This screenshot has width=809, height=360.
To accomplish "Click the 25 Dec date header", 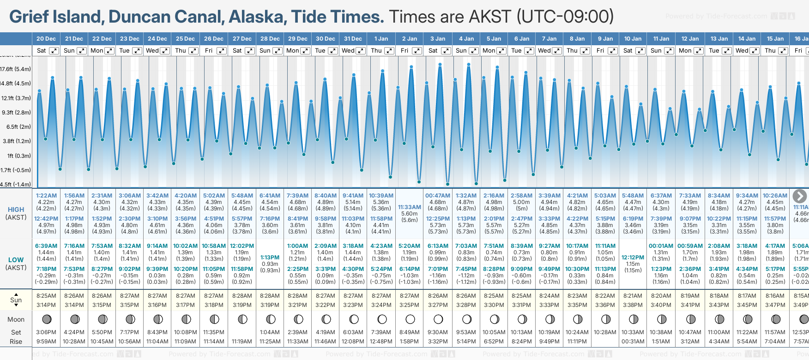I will click(x=185, y=39).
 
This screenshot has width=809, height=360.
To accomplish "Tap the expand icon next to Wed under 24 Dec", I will click(x=165, y=51).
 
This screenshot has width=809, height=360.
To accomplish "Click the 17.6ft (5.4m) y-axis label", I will click(x=16, y=69).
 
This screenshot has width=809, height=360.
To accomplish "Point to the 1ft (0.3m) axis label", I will click(x=16, y=156).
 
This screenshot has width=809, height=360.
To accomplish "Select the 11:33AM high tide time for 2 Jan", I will click(x=410, y=207).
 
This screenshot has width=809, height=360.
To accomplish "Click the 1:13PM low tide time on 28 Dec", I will click(x=270, y=258).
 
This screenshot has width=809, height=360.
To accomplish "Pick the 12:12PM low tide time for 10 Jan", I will click(x=633, y=258).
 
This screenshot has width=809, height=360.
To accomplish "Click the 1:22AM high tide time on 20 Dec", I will click(x=46, y=196).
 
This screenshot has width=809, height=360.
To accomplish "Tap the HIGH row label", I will click(x=16, y=210).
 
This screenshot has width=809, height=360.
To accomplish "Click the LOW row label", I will click(x=16, y=260).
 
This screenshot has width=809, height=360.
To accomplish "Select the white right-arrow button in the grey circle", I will click(x=799, y=196).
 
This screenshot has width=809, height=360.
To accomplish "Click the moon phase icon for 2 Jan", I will click(x=410, y=319).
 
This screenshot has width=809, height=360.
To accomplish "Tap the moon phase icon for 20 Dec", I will click(x=46, y=319).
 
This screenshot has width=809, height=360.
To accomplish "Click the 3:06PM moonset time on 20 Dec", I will click(x=46, y=332).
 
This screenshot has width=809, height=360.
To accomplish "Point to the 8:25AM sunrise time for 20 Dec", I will click(x=46, y=296).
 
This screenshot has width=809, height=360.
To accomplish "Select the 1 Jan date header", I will click(x=381, y=39).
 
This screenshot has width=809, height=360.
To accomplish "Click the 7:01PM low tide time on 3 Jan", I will click(x=438, y=269).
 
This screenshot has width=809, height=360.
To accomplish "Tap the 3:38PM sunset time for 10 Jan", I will click(x=633, y=305).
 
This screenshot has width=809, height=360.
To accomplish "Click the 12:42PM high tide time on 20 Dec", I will click(x=46, y=219).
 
